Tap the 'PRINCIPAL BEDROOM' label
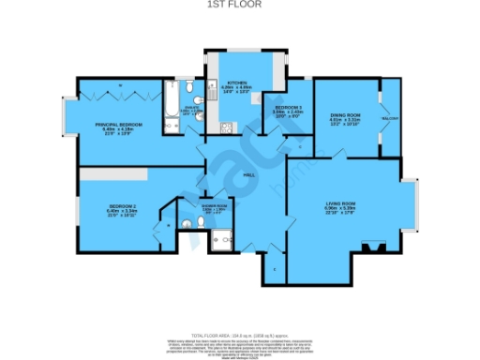pyautogui.click(x=117, y=124)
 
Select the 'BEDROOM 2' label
pyautogui.click(x=123, y=206)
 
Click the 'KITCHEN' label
pyautogui.click(x=236, y=82)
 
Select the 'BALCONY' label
pyautogui.click(x=389, y=119)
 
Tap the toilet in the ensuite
pyautogui.click(x=189, y=90)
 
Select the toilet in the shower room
pyautogui.click(x=187, y=223)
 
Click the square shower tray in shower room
pyautogui.click(x=222, y=238)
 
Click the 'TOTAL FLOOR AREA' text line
pyautogui.click(x=240, y=335)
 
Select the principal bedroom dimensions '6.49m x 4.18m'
pyautogui.click(x=117, y=128)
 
